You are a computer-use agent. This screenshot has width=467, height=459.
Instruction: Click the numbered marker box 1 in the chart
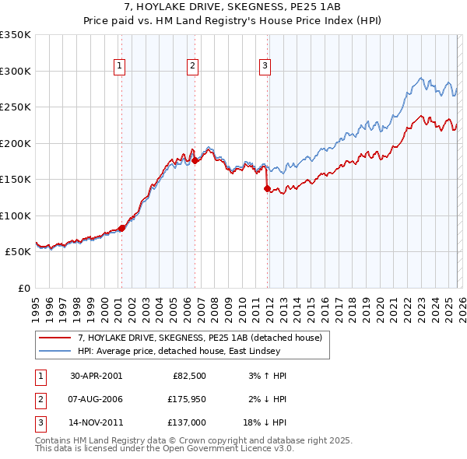click(x=120, y=67)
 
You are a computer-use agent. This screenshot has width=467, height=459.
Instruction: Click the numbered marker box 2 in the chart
click(x=192, y=67)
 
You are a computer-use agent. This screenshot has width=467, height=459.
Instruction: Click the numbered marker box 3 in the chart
click(x=265, y=67)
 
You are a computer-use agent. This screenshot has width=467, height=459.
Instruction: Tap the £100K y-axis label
click(x=16, y=215)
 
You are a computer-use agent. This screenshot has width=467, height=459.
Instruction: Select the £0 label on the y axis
click(x=23, y=288)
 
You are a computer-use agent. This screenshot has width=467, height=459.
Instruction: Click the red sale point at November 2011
click(x=267, y=188)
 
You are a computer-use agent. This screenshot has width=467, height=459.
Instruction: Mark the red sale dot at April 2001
click(x=121, y=228)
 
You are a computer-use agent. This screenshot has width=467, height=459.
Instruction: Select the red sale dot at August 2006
click(x=195, y=160)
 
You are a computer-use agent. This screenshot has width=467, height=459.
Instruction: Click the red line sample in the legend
click(x=56, y=337)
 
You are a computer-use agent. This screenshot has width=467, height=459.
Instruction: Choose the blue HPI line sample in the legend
click(x=56, y=351)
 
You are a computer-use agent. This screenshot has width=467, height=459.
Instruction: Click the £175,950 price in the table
click(x=184, y=398)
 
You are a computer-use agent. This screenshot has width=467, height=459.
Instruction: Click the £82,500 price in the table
click(x=187, y=376)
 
